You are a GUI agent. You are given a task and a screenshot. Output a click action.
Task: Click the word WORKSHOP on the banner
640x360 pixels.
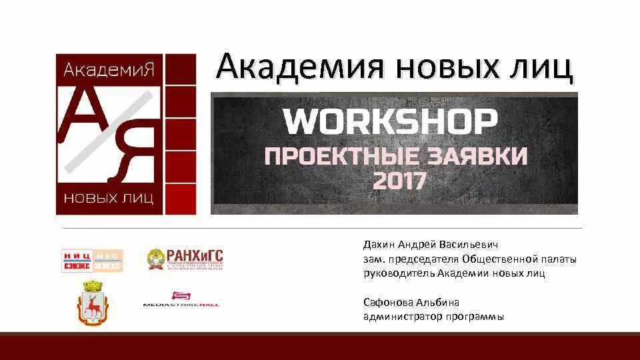(391, 123)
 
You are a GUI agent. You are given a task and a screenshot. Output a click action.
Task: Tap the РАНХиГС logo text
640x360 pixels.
(195, 256)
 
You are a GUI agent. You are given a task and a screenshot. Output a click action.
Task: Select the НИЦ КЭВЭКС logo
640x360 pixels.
(93, 260)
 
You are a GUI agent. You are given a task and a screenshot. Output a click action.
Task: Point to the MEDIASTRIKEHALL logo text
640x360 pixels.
(181, 305)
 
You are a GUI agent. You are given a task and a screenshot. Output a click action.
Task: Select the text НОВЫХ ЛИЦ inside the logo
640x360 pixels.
(109, 198)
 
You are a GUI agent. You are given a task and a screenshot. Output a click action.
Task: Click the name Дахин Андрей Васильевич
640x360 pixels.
(431, 245)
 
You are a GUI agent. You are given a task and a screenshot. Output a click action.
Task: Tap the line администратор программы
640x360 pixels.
(433, 316)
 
